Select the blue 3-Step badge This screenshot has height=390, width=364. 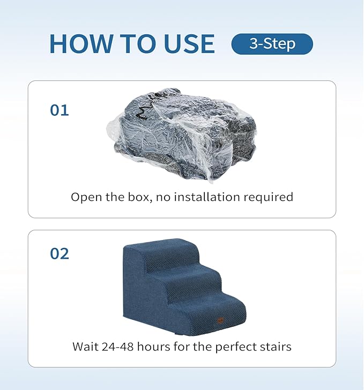272,44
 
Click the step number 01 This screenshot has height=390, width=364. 60,110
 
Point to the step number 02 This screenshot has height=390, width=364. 60,253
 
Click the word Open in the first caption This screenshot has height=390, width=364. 86,197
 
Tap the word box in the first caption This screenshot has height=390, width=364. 141,197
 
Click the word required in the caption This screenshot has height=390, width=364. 271,197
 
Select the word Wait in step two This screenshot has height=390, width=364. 85,347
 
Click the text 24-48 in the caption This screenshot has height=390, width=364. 120,347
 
